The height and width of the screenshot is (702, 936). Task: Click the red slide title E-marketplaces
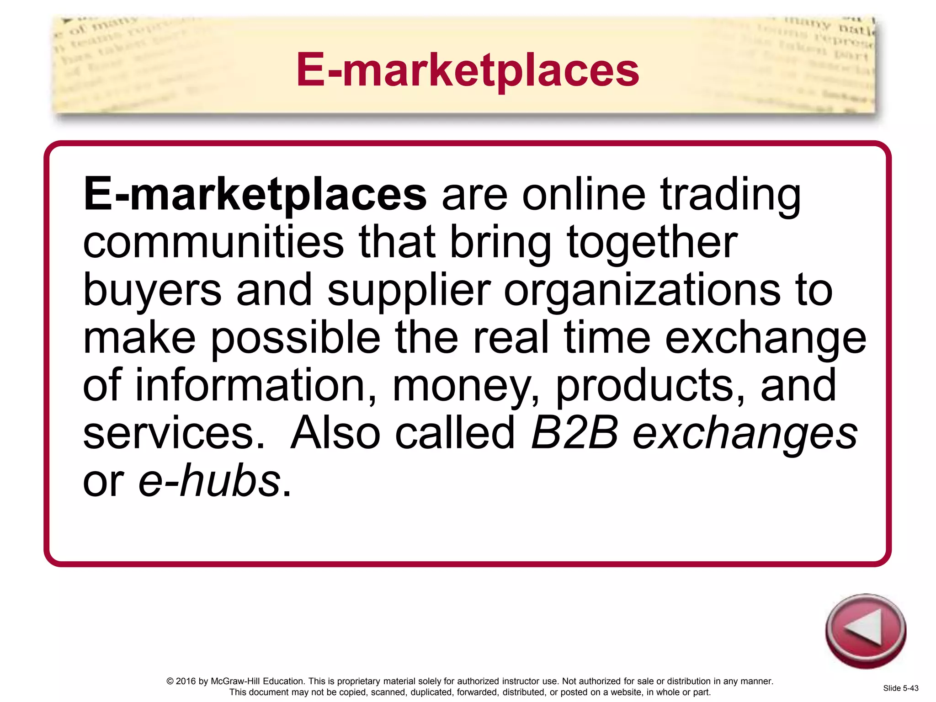pos(468,69)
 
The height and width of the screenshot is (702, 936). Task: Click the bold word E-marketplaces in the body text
pos(255,194)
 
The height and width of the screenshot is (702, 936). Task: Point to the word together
pos(652,243)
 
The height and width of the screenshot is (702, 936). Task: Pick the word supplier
pos(409,291)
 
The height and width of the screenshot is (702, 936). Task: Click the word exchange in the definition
pos(766,339)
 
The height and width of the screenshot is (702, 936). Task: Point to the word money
pos(465,387)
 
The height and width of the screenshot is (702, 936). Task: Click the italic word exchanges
pos(745,434)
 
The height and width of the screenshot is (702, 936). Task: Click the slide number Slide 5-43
pos(901,688)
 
